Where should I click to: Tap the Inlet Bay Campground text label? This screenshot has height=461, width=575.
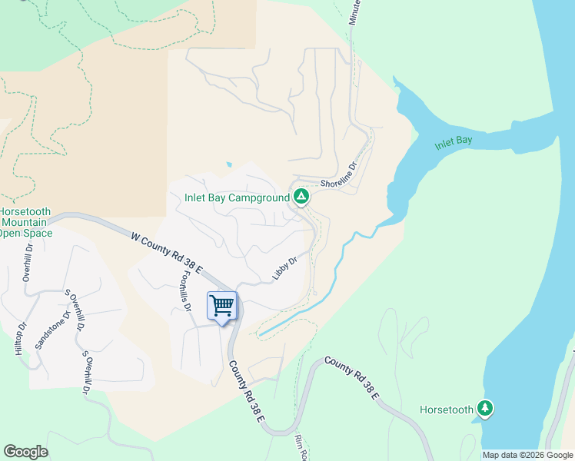click(x=237, y=197)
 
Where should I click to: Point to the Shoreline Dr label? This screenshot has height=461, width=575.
click(x=340, y=177)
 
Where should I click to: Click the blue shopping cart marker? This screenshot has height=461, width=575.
click(x=222, y=306)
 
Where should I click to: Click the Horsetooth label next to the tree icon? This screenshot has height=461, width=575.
click(x=447, y=410)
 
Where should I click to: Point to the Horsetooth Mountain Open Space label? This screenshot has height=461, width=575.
click(x=26, y=222)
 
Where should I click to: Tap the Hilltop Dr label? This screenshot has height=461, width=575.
click(x=20, y=338)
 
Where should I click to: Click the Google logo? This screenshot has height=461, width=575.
click(x=25, y=452)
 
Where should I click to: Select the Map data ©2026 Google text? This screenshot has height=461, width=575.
click(x=527, y=455)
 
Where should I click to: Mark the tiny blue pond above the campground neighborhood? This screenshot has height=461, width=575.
click(x=228, y=164)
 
